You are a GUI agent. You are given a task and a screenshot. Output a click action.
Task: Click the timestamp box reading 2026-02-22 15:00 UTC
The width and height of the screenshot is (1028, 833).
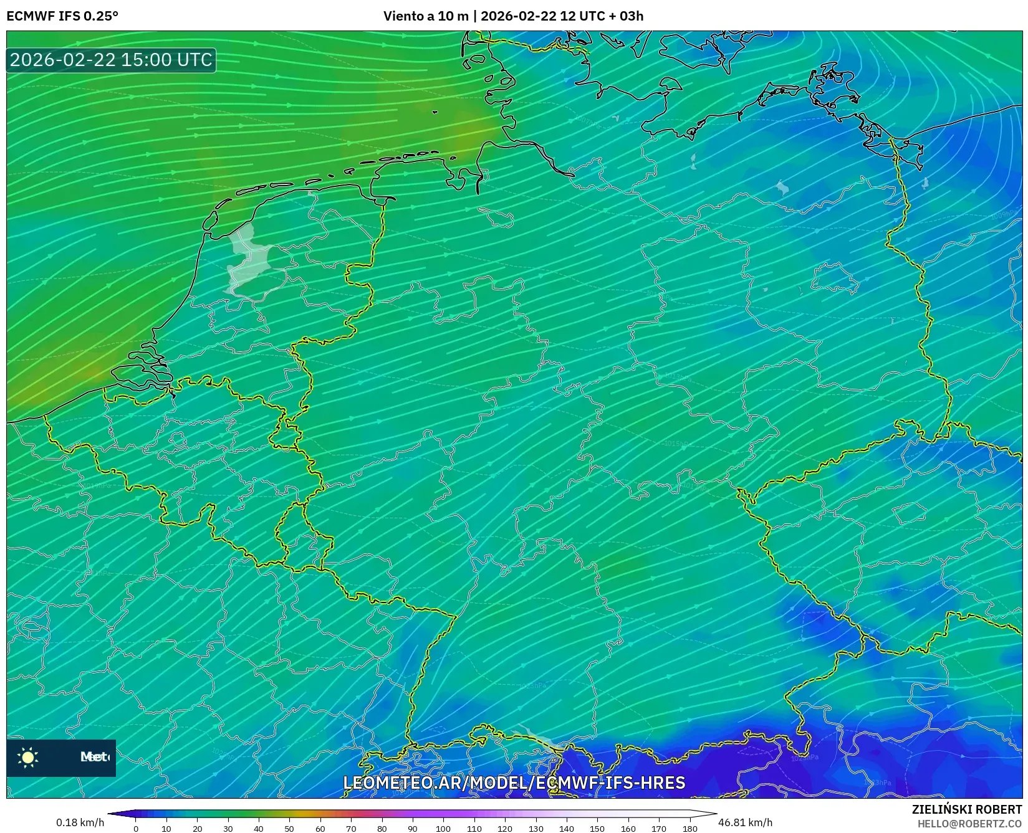tap(111, 60)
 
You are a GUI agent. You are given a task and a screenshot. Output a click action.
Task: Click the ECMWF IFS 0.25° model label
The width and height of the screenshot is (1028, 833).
tap(62, 16)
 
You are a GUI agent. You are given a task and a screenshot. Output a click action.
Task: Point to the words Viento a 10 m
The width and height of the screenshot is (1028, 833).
tap(425, 16)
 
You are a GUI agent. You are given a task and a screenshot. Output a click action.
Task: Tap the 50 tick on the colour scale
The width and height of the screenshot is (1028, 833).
tap(289, 828)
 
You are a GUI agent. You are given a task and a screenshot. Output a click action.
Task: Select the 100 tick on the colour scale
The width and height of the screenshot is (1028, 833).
tap(443, 828)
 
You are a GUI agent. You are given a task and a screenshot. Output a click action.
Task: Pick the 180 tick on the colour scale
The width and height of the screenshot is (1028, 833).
tap(689, 828)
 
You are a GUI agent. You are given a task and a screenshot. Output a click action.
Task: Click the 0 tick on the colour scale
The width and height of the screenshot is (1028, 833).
tap(136, 828)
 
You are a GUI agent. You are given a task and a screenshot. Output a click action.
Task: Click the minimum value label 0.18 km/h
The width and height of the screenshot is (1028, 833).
tap(80, 822)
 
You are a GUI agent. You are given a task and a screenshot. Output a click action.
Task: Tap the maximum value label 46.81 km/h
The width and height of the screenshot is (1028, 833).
tap(745, 822)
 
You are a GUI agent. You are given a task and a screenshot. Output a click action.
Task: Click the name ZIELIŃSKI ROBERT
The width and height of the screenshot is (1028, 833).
tap(967, 809)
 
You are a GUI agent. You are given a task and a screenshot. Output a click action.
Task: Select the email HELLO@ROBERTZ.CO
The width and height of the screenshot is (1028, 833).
tap(969, 824)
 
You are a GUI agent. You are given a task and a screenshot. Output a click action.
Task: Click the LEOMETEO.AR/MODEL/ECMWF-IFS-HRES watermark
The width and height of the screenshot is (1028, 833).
tap(514, 783)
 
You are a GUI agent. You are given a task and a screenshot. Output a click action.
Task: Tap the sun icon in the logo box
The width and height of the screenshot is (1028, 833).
tap(28, 757)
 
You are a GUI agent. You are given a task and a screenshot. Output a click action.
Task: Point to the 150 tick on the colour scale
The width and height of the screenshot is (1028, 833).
tap(597, 828)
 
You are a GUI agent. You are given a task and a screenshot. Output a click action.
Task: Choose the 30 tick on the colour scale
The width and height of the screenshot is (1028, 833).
tap(228, 828)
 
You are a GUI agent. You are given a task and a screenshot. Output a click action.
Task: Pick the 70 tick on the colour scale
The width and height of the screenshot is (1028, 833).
tap(351, 828)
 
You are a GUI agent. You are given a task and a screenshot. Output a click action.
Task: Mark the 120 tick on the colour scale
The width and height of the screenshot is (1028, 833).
tap(505, 828)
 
